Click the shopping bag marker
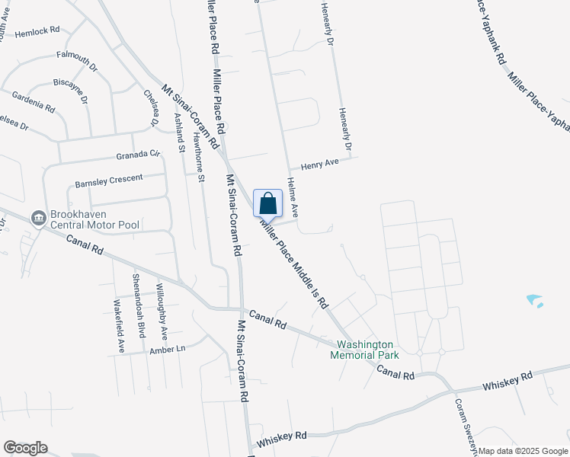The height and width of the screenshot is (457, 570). click(267, 204)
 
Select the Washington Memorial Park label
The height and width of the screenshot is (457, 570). click(364, 350)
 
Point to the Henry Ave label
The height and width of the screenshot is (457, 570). click(319, 164)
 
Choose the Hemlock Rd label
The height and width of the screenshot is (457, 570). click(37, 31)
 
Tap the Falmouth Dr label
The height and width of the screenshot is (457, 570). click(77, 60)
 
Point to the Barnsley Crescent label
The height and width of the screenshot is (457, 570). click(109, 181)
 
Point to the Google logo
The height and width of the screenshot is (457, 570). click(25, 448)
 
